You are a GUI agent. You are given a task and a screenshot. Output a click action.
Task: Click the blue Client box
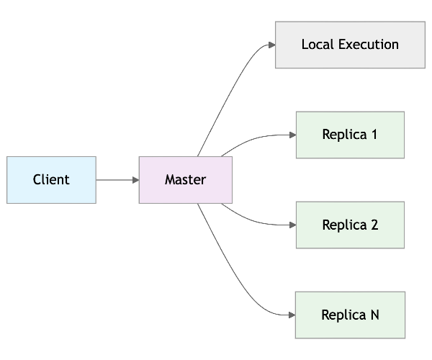point(51,180)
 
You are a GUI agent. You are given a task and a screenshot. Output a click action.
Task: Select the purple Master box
point(185,180)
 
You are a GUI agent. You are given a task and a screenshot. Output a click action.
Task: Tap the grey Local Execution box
point(350,45)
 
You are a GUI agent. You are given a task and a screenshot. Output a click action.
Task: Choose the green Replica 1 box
point(350,135)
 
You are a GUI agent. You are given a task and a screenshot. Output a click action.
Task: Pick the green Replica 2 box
point(350,225)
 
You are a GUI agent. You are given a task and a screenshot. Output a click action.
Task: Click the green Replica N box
point(350,315)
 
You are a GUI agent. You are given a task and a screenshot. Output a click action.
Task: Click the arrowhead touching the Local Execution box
point(271,45)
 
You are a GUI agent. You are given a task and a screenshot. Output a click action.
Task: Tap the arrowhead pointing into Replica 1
point(292,135)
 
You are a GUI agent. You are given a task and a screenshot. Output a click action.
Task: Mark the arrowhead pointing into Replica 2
point(292,225)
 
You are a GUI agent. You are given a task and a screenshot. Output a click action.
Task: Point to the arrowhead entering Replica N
point(292,315)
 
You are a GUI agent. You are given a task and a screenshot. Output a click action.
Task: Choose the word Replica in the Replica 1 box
point(344,135)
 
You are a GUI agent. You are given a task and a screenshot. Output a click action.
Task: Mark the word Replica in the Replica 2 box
point(344,225)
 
